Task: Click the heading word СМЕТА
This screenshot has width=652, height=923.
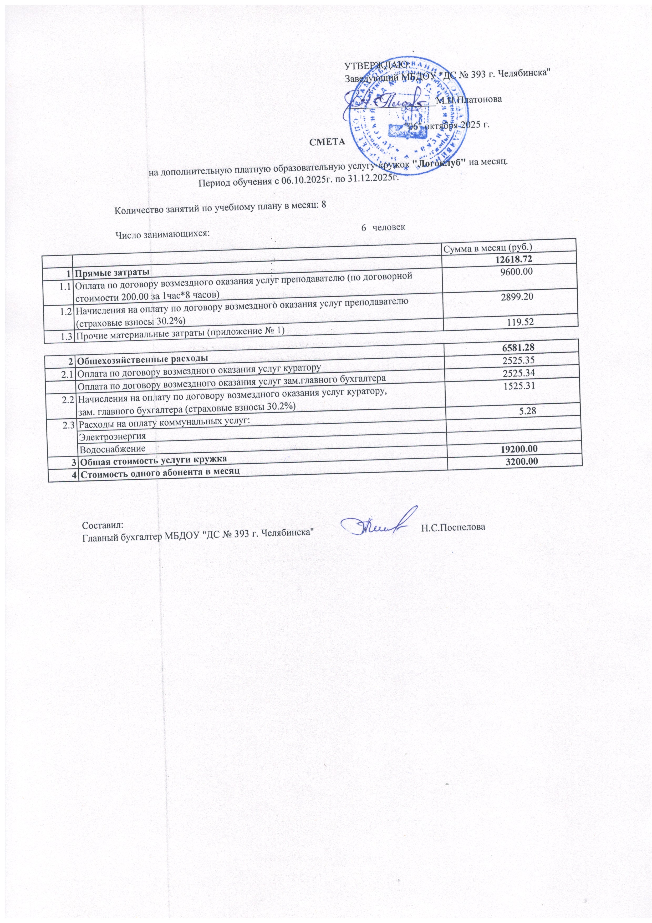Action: (x=327, y=142)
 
